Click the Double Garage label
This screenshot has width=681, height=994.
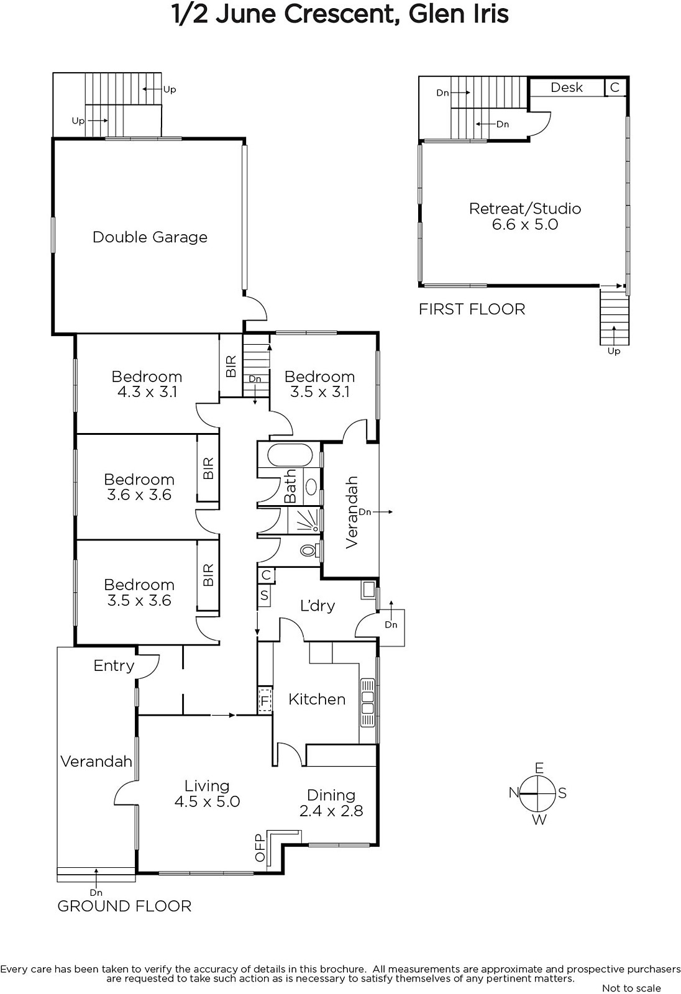click(150, 237)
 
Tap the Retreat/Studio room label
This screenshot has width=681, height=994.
click(525, 209)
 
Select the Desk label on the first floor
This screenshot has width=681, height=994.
click(567, 88)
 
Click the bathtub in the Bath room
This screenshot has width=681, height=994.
click(290, 455)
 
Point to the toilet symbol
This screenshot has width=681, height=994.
click(309, 551)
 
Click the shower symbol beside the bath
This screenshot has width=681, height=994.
click(304, 520)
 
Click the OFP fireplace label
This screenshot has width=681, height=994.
click(260, 848)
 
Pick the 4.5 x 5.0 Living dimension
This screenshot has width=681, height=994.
click(207, 801)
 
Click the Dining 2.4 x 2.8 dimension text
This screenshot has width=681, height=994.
click(331, 811)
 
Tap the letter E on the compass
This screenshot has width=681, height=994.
click(539, 768)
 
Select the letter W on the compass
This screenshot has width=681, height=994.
click(539, 820)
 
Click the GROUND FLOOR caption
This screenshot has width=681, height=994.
click(124, 906)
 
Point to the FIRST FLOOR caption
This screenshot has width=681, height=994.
click(472, 309)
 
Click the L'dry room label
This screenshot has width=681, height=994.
click(318, 605)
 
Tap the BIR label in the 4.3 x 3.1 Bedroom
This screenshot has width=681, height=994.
click(231, 367)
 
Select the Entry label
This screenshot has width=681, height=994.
click(114, 665)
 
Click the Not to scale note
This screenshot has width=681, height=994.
click(632, 988)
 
